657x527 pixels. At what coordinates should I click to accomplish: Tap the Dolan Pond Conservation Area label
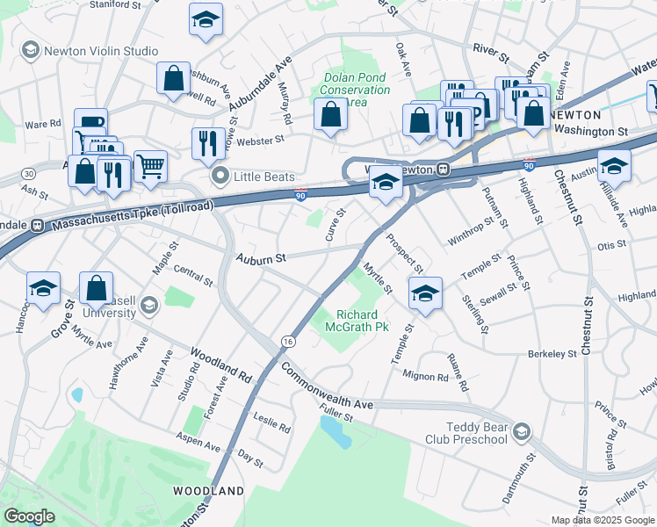pyautogui.click(x=357, y=90)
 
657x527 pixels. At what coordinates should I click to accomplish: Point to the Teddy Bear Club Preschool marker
pyautogui.click(x=523, y=430)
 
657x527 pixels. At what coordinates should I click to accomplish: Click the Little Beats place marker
pyautogui.click(x=220, y=177)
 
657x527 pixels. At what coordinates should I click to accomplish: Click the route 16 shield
pyautogui.click(x=287, y=340)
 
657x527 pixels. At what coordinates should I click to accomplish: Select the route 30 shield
pyautogui.click(x=29, y=174)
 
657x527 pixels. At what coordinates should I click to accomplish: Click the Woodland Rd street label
pyautogui.click(x=220, y=364)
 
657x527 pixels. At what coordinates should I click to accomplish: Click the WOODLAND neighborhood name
pyautogui.click(x=207, y=490)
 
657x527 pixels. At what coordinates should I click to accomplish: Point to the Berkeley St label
pyautogui.click(x=552, y=354)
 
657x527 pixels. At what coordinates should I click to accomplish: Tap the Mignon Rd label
pyautogui.click(x=424, y=378)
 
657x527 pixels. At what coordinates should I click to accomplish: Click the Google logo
pyautogui.click(x=29, y=516)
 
